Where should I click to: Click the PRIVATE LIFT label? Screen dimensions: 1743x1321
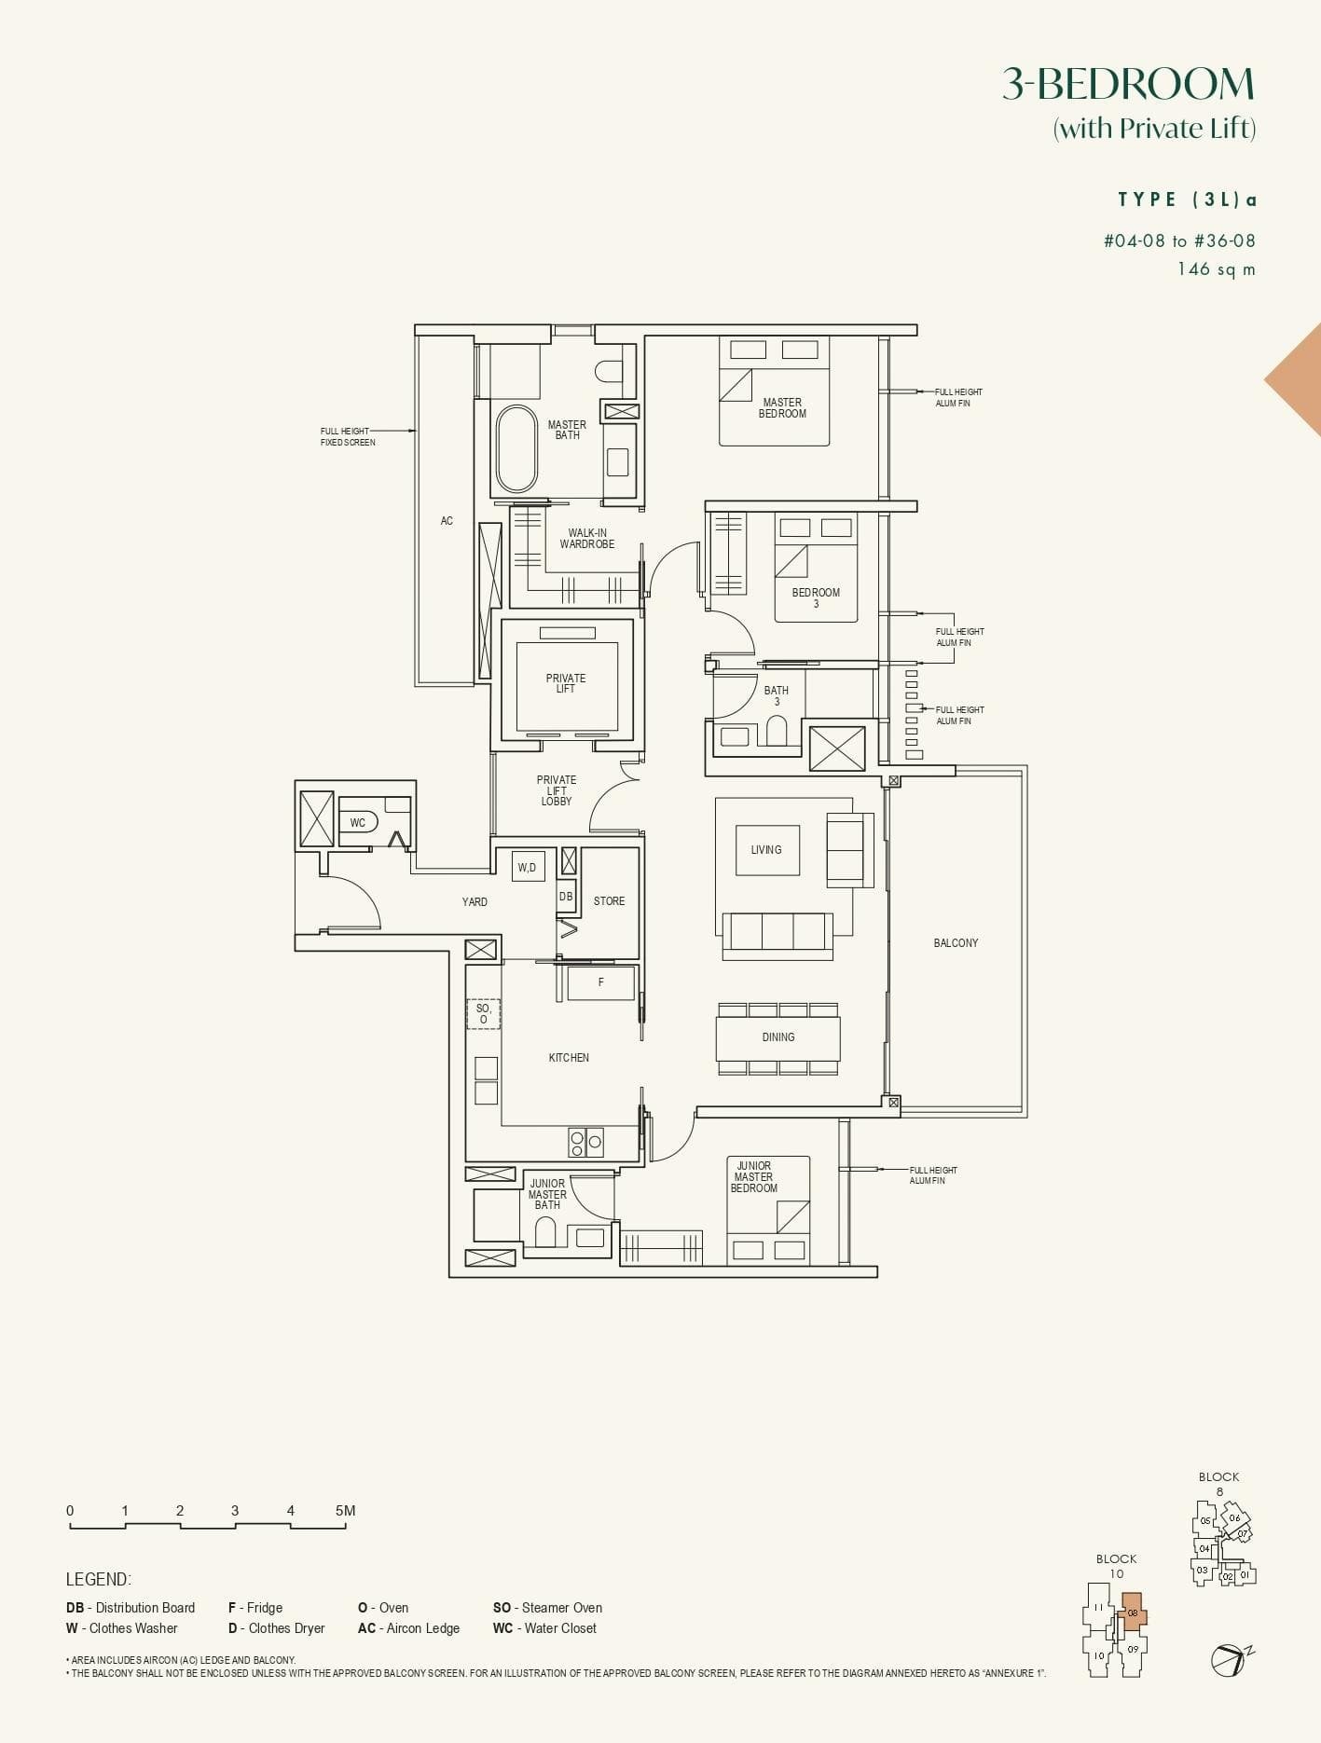pos(566,683)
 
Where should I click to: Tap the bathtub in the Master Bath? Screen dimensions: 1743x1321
pos(516,448)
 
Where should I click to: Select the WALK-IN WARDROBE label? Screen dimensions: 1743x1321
pos(587,539)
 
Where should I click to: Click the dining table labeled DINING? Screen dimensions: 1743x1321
pos(778,1037)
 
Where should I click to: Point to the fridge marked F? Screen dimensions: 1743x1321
pos(600,982)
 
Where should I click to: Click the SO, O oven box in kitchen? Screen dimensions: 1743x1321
pos(483,1013)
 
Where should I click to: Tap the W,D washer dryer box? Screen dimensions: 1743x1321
pos(528,867)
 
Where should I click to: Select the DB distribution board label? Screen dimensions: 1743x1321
pos(566,896)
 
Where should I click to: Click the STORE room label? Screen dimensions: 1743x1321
pos(609,901)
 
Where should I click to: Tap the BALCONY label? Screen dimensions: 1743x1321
pos(956,943)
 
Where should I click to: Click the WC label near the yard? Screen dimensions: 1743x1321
pos(358,822)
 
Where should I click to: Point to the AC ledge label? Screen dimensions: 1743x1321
pos(447,521)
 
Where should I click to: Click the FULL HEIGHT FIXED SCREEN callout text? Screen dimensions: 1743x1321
pos(348,436)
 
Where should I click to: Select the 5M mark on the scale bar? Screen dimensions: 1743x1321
pos(345,1511)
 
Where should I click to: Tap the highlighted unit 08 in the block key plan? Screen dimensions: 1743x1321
pos(1133,1613)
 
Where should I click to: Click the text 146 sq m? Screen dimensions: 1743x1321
pos(1216,269)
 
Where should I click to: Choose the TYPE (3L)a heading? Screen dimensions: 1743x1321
pos(1187,199)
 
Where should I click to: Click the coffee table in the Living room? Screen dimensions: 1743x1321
pos(767,850)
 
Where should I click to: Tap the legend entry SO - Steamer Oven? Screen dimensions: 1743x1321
pos(547,1608)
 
